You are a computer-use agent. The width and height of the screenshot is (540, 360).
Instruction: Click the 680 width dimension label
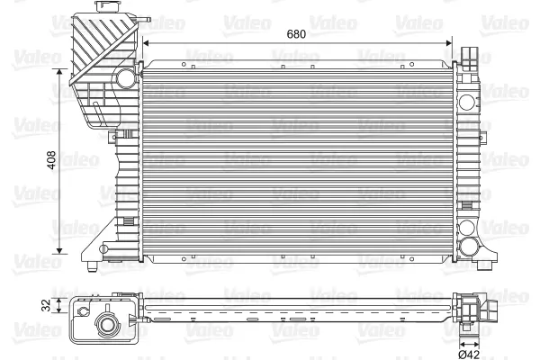tap(296, 34)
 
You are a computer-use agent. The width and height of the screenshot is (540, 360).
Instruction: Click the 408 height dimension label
tap(51, 160)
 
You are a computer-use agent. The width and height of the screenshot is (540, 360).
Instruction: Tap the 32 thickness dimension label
tap(46, 305)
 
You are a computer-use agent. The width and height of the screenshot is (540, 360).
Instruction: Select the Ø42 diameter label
tap(469, 354)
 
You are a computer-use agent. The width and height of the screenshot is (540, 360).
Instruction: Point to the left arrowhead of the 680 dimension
tap(146, 43)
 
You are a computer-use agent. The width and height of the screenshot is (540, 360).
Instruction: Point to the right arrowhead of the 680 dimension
tap(449, 43)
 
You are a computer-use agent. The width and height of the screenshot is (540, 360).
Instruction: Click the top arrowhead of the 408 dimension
tap(59, 72)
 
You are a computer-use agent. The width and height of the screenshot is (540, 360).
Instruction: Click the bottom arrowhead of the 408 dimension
tap(59, 251)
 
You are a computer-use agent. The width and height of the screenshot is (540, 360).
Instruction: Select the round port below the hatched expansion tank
tap(126, 78)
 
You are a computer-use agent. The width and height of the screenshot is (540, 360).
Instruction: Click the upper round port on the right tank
tap(466, 102)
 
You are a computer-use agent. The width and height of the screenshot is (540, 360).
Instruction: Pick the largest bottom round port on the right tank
tap(469, 247)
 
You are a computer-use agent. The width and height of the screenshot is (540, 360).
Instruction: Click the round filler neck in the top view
tap(106, 325)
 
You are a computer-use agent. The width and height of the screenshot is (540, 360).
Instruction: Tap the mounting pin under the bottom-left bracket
tap(92, 266)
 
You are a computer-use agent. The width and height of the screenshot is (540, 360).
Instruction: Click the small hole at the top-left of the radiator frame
tap(184, 64)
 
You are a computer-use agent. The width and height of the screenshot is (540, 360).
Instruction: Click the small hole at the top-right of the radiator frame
tap(411, 64)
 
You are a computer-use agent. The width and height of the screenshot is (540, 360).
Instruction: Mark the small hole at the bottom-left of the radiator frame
tap(184, 259)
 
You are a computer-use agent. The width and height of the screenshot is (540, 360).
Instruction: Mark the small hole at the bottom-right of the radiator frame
tap(411, 259)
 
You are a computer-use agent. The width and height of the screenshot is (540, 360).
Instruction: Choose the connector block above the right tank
tap(469, 58)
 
